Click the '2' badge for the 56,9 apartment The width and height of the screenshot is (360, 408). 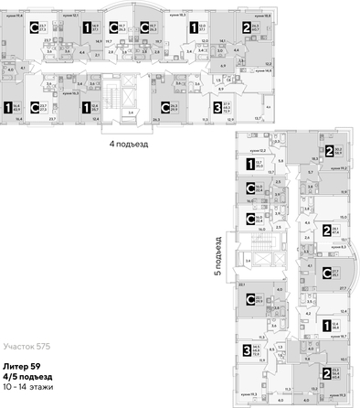coord(329,151)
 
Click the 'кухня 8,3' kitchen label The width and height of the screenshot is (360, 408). coord(336,247)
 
